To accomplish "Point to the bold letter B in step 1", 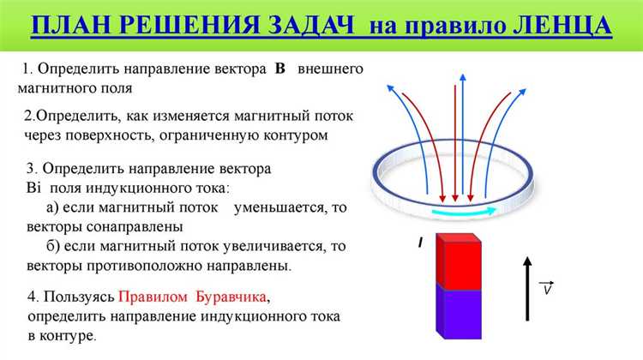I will pos(280,69).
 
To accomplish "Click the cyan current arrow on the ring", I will pos(464,211).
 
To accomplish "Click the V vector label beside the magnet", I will pos(548,289).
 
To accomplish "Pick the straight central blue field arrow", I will pos(462,129).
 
